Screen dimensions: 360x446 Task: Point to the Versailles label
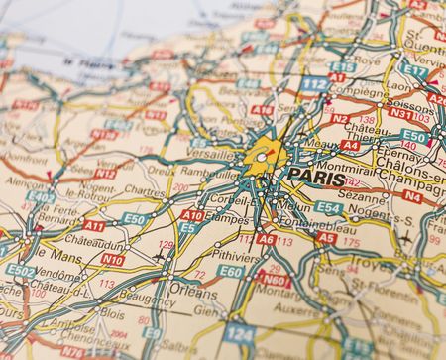(212, 156)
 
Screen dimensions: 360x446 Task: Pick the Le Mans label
(45, 255)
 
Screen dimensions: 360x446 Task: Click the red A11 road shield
(93, 225)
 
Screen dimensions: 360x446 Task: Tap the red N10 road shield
(113, 260)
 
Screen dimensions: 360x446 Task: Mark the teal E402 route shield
(41, 197)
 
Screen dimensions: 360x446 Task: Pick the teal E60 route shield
(230, 271)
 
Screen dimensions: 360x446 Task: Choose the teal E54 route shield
(328, 208)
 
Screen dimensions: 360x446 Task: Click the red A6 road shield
(266, 239)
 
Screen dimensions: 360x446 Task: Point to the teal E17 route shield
(415, 71)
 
